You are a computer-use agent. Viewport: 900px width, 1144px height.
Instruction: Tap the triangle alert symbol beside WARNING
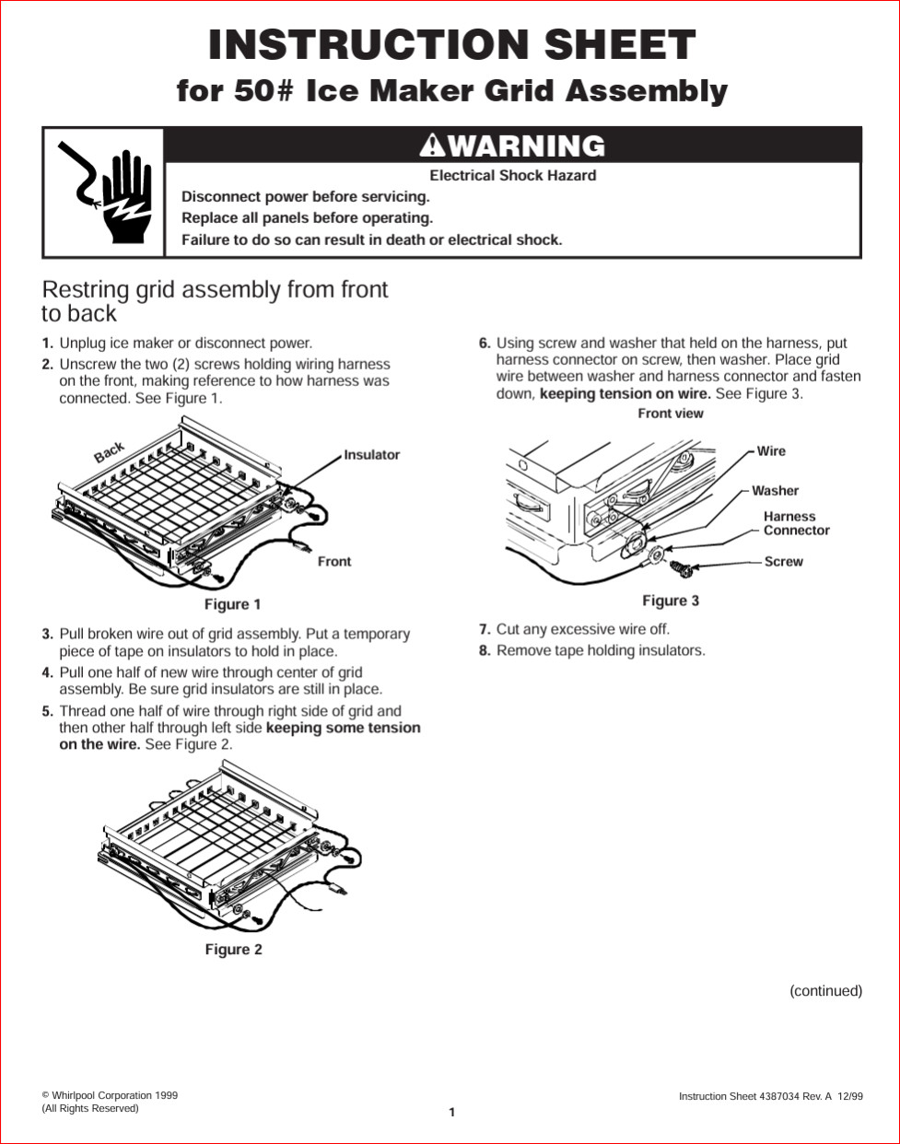tap(431, 146)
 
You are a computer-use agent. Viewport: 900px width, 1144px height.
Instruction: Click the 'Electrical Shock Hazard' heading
tap(512, 175)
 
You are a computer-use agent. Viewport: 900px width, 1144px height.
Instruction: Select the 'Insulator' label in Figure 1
tap(372, 455)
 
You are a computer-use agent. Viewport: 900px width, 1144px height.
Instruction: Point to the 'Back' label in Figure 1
tap(109, 452)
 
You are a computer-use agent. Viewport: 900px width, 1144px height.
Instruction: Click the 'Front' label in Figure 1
tap(334, 561)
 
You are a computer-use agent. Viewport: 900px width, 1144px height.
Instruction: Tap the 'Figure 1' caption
tap(232, 604)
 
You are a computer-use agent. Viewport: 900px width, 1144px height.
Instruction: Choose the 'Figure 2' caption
tap(233, 950)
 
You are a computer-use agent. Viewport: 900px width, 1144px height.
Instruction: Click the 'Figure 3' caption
tap(671, 601)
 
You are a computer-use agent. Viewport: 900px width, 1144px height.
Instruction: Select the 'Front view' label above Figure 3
tap(671, 414)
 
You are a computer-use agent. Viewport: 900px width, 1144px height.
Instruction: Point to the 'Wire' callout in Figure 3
tap(771, 451)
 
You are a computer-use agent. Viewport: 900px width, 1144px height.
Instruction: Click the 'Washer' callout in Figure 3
tap(775, 491)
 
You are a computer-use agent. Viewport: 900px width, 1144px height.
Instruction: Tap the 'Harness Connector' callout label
tap(796, 523)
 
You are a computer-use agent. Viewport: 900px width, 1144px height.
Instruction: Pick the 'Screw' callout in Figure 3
tap(783, 561)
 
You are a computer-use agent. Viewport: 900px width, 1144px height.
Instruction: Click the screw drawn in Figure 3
tap(681, 567)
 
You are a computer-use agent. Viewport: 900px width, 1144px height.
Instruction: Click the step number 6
tap(485, 344)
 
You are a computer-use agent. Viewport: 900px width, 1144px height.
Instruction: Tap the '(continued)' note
tap(825, 991)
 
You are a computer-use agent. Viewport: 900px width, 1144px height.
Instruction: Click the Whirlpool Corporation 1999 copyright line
tap(110, 1095)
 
